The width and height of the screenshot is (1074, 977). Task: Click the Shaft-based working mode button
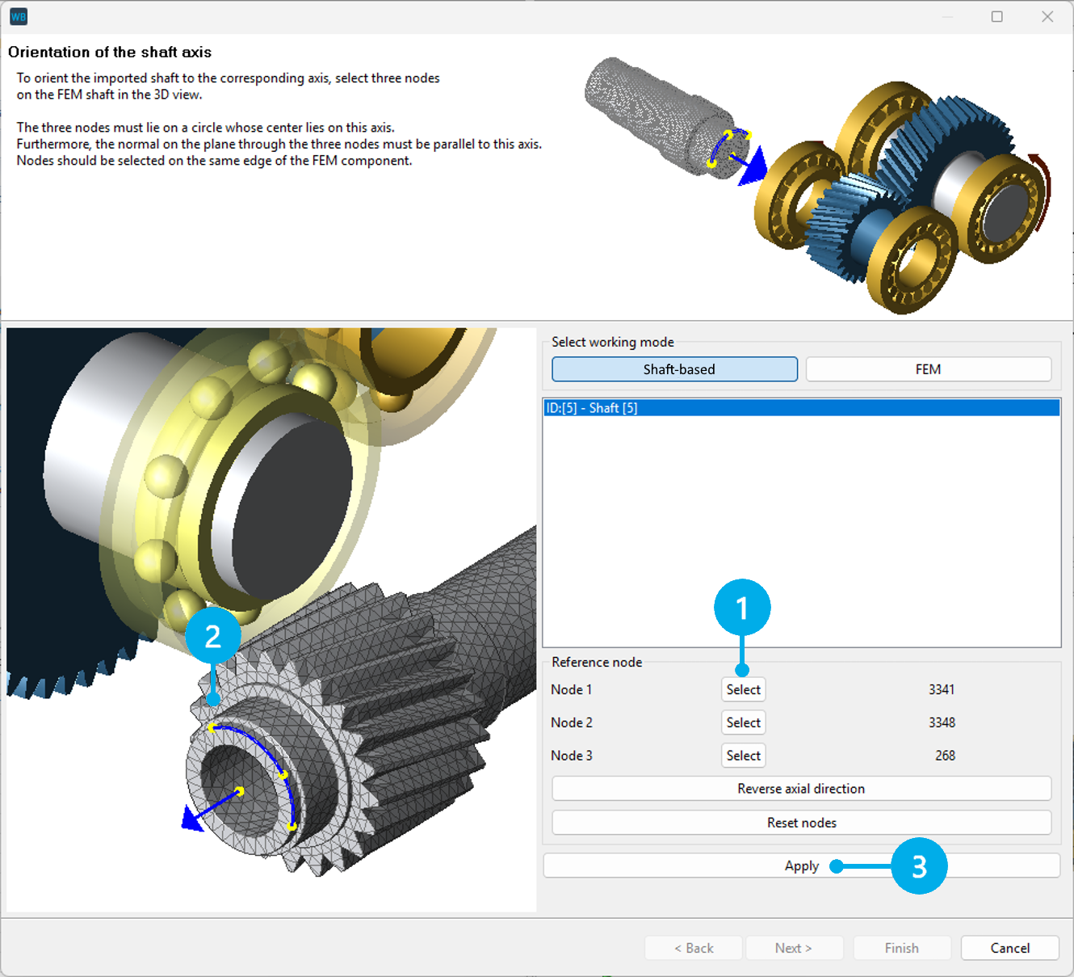pos(674,369)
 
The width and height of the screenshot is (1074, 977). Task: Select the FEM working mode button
pos(928,369)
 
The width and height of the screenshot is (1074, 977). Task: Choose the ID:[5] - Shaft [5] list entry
pos(591,408)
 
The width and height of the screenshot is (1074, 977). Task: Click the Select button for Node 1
pos(743,689)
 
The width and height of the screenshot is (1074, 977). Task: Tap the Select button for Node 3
pos(743,756)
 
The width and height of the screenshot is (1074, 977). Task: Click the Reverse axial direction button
pos(800,789)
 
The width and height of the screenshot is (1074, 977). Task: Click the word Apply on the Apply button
pos(801,865)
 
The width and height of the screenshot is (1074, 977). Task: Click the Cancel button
pos(1009,948)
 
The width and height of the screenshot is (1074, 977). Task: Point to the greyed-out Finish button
pos(901,948)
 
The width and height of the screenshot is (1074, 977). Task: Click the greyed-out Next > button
pos(794,948)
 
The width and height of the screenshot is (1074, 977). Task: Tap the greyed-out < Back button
pos(694,948)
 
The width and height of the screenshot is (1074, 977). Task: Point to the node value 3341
pos(941,689)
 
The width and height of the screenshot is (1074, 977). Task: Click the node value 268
pos(945,756)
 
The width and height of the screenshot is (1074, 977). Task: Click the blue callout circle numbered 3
pos(919,866)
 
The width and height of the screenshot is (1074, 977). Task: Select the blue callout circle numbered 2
pos(213,637)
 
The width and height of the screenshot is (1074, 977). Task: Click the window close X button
pos(1047,17)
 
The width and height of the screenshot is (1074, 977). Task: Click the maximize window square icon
pos(997,17)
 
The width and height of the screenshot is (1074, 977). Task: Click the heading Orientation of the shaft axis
pos(110,53)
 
